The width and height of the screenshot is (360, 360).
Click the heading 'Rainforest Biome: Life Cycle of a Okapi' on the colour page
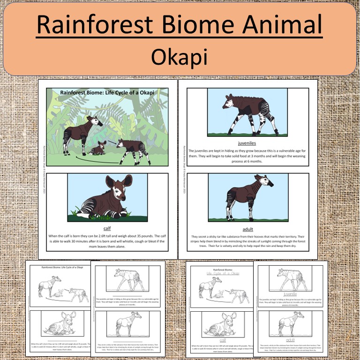[x=107, y=92]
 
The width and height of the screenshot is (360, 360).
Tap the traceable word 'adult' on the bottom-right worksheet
[x=289, y=338]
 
